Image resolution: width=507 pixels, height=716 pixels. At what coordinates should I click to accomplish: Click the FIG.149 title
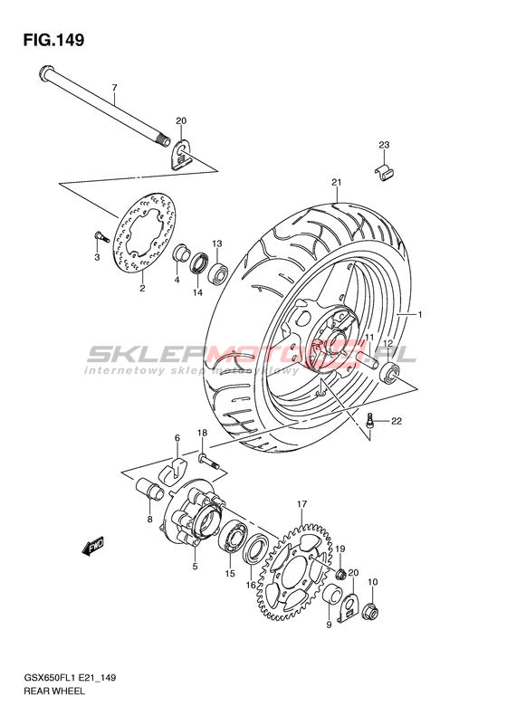54,40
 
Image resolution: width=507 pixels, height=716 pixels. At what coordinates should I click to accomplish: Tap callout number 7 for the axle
115,87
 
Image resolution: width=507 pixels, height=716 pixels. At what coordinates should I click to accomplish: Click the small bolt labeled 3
100,236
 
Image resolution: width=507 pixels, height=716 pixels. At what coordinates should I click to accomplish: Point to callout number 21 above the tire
337,183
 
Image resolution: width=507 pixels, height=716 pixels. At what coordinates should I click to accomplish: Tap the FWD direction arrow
93,546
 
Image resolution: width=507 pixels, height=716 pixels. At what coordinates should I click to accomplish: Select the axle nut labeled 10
370,611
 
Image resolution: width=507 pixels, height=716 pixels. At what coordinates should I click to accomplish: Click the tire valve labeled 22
370,420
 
